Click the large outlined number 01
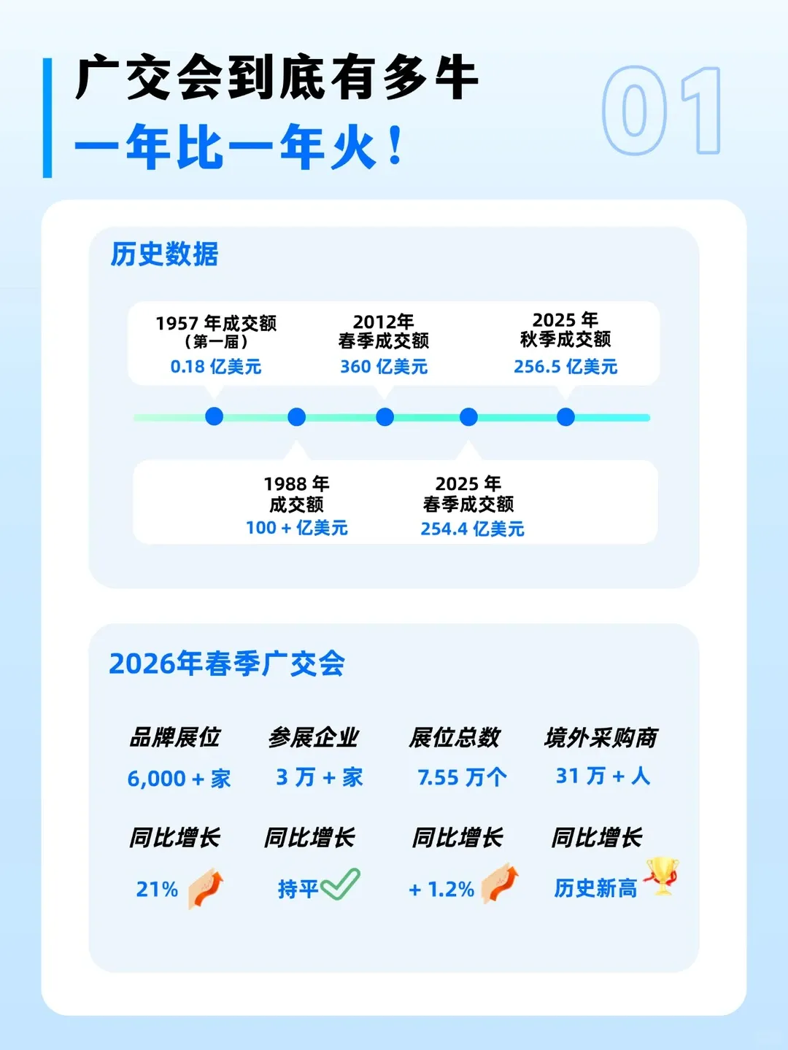point(661,111)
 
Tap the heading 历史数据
point(164,254)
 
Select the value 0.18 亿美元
point(216,366)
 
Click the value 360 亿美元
point(384,366)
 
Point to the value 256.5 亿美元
point(565,366)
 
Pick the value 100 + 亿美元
point(296,528)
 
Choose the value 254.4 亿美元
point(472,529)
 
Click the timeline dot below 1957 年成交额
point(214,416)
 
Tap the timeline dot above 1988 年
point(296,417)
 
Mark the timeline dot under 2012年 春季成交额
point(385,417)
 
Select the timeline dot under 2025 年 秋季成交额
point(565,417)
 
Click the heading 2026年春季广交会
point(227,664)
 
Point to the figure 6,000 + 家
point(179,778)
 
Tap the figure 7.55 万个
point(462,777)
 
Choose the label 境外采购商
point(600,738)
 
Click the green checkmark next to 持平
point(340,884)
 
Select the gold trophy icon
point(662,875)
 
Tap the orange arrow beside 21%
point(206,887)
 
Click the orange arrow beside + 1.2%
point(501,884)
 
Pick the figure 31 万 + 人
point(603,776)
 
